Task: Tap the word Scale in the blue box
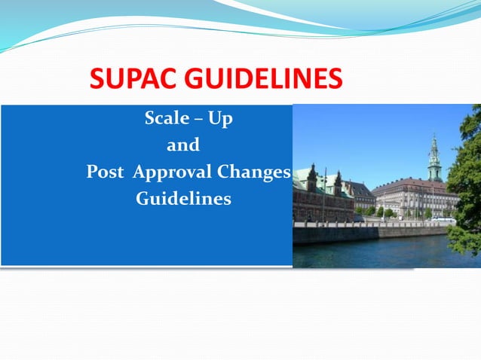click(164, 119)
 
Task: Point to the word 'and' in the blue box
click(182, 145)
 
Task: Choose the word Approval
click(172, 172)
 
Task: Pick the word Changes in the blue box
click(253, 172)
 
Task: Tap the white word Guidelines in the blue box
click(183, 200)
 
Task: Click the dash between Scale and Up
click(193, 120)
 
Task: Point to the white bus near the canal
click(443, 220)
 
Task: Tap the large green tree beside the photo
click(466, 181)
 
